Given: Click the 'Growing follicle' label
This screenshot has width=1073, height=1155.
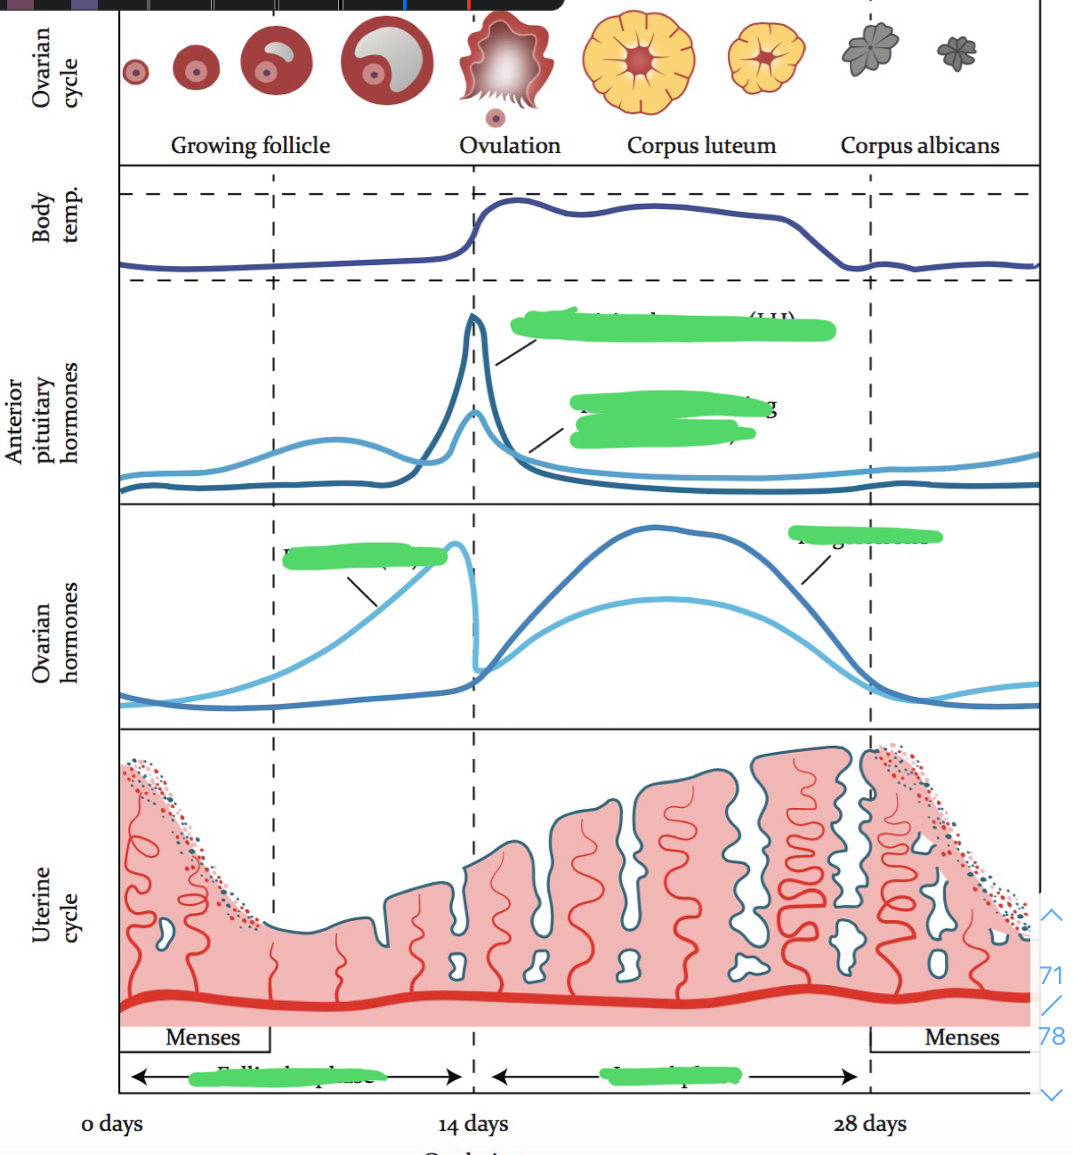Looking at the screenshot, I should coord(250,145).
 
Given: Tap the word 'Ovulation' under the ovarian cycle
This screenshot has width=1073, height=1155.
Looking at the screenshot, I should coord(510,145).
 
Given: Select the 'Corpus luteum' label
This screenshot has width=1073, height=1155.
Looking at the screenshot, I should coord(701,145).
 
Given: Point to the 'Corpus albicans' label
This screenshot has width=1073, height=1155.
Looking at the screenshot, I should coord(919,145).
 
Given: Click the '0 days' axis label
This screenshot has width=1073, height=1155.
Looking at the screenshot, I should coord(112,1124).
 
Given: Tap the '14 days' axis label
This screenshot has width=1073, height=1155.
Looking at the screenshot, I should coord(473,1125).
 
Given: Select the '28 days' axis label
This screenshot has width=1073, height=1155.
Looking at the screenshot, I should coord(870,1124).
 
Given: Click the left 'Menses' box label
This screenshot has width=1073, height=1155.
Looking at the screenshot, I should coord(203,1038).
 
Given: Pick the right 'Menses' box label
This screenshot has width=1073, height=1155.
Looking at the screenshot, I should coord(962,1038).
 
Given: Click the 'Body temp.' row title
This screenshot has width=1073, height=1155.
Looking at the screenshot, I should coord(55,216).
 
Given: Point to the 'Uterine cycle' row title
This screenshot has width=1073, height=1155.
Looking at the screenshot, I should coord(55,904).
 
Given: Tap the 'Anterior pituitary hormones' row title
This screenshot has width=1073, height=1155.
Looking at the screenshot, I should coord(42,413).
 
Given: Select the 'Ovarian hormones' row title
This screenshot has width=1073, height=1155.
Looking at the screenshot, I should coord(55,633).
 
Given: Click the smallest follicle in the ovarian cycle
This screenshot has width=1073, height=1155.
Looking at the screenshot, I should coord(135,72).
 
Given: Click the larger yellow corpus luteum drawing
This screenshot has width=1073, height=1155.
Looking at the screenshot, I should coord(639,61).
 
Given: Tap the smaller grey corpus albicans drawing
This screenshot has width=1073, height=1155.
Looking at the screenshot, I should coord(956,52).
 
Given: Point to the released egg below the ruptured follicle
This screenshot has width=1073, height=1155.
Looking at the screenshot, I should coord(496,118).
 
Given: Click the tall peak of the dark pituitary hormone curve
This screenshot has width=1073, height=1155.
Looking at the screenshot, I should coord(473,319).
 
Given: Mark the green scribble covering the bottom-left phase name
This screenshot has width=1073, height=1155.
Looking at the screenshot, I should coord(287,1078).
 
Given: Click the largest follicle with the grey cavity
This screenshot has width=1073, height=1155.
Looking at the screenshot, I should coord(387,61).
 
